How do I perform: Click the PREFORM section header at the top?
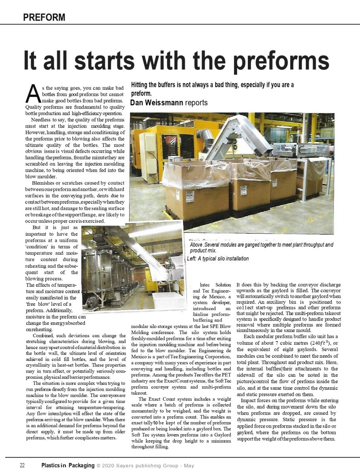pyautogui.click(x=44, y=17)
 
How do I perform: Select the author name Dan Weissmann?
pyautogui.click(x=157, y=103)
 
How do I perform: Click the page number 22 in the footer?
pyautogui.click(x=23, y=466)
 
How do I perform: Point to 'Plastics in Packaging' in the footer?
pyautogui.click(x=68, y=466)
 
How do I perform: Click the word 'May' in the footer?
pyautogui.click(x=189, y=466)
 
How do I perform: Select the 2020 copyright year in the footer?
pyautogui.click(x=109, y=466)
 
